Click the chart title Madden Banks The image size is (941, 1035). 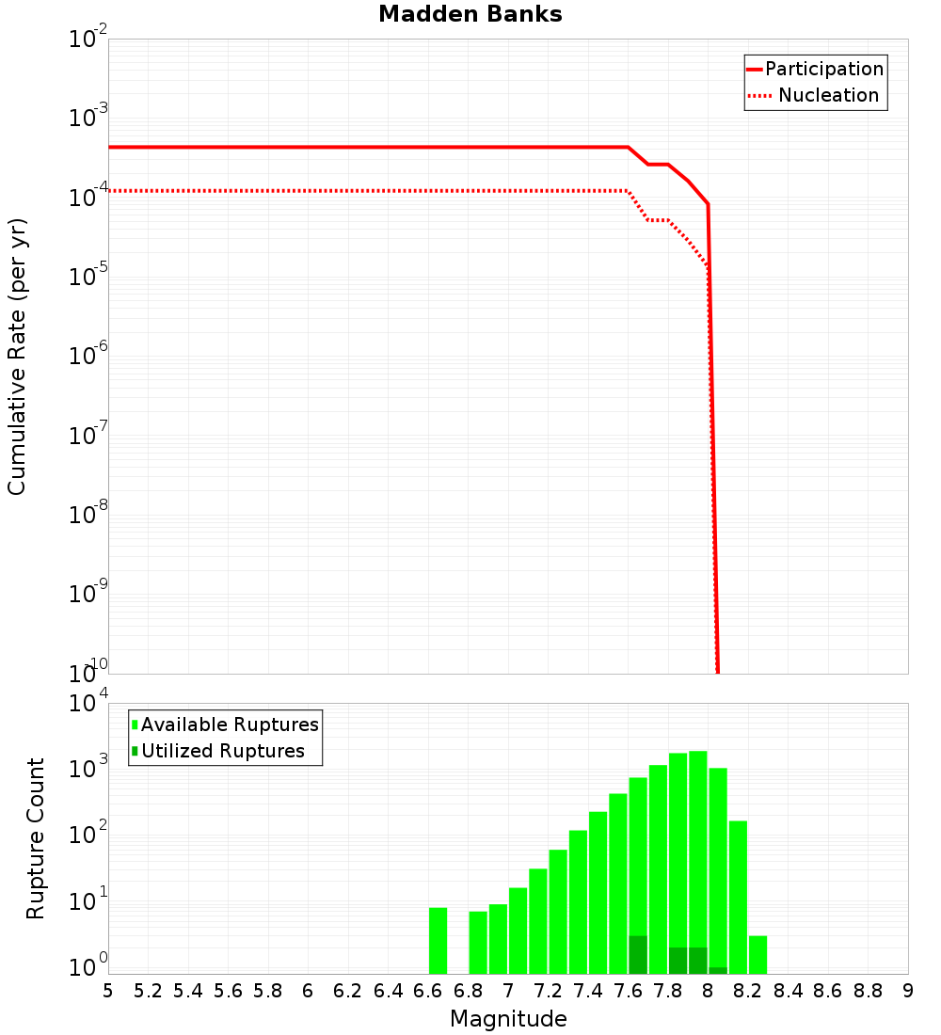(470, 15)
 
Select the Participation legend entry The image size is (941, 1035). (815, 70)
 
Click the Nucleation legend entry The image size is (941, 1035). (815, 96)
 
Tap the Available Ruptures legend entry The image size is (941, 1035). (226, 725)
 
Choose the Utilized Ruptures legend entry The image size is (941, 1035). (218, 752)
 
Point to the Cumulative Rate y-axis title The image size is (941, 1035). (17, 357)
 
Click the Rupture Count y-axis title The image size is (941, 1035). (36, 838)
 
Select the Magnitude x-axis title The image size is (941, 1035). (508, 1019)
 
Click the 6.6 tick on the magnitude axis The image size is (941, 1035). (428, 991)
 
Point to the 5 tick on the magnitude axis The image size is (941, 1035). (108, 991)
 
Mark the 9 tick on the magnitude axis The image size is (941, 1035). (908, 991)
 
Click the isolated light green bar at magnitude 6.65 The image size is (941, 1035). (438, 941)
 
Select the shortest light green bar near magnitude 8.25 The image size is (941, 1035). (758, 955)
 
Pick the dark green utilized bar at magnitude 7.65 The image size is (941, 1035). (638, 955)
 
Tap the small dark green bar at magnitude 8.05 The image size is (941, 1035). (718, 970)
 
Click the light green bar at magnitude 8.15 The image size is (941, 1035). (738, 894)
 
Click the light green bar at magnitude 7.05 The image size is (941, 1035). (518, 931)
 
